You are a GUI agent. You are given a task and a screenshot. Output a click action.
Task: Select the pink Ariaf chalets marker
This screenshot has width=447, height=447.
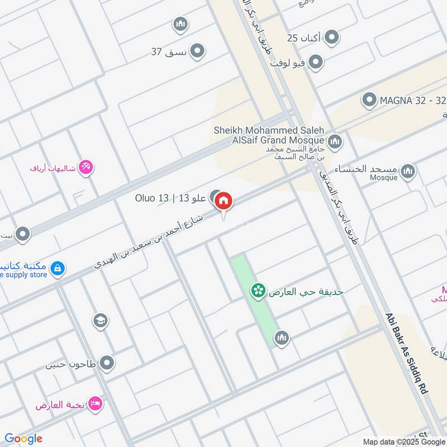coord(85,167)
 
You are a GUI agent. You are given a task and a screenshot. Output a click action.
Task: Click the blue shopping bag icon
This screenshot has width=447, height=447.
coord(57,269)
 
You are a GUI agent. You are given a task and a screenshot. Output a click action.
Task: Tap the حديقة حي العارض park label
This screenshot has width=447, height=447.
coord(306,292)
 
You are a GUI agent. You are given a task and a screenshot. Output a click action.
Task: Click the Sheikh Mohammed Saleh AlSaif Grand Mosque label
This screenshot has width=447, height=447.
coord(269,135)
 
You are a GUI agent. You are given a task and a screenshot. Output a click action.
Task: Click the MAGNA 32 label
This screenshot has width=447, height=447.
coord(412,101)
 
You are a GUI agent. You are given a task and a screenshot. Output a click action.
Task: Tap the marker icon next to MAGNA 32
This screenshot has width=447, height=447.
coord(369,101)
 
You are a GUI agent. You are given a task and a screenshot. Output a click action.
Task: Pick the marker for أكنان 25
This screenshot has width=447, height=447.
coord(332,37)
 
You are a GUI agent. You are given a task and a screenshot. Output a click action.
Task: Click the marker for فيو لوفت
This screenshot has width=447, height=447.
coord(316,63)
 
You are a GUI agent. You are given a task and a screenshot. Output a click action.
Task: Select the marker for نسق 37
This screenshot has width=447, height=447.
coord(197,52)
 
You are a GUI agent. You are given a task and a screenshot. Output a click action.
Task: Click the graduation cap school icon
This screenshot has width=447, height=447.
coord(101,321)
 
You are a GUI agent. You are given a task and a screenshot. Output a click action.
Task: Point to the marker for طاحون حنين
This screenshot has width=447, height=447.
coord(107,364)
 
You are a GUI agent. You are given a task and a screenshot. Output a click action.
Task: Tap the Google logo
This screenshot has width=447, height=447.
coord(23,439)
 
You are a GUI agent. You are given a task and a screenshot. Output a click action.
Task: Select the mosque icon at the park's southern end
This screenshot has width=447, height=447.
coord(282,337)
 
